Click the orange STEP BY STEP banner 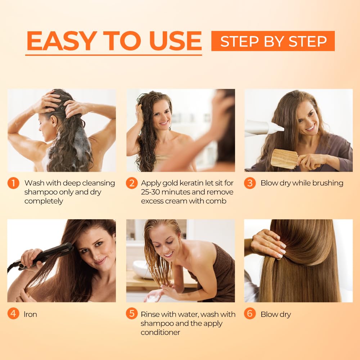(273, 41)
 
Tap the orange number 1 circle (13, 183)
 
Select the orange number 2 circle (131, 183)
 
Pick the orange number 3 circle (249, 183)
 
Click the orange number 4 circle (13, 314)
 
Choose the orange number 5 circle (131, 314)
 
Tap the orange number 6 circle (249, 314)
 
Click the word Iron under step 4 (31, 314)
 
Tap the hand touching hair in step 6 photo (268, 243)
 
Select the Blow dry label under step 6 (275, 314)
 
